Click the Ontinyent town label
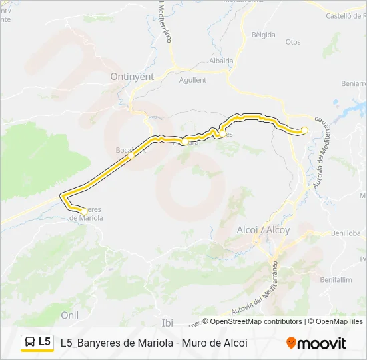(132, 77)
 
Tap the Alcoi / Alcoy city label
(264, 229)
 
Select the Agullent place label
(193, 80)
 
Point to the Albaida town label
(221, 61)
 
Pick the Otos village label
(293, 41)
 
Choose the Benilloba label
(345, 233)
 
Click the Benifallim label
(336, 279)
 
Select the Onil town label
(69, 315)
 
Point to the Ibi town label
(167, 323)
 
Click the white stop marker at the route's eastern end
(304, 130)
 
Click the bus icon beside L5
(30, 343)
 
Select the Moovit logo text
(322, 343)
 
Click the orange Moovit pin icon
(291, 343)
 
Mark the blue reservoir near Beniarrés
(356, 109)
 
